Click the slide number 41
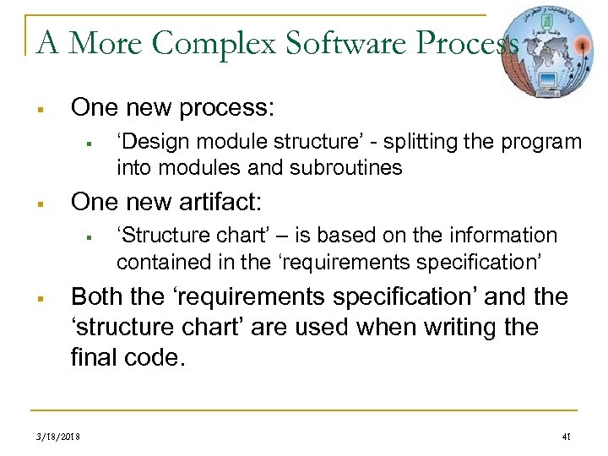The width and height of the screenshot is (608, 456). pyautogui.click(x=566, y=436)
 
